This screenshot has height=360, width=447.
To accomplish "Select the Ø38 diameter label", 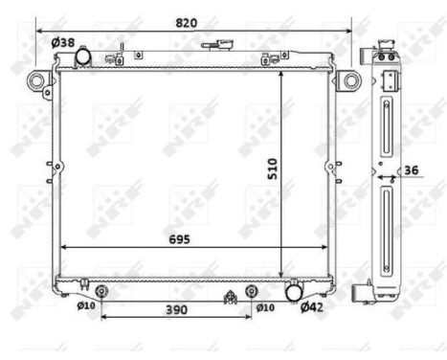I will (62, 42).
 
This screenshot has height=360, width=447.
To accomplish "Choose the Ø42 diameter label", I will (312, 307).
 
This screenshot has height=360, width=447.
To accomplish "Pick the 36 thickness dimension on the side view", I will (410, 171).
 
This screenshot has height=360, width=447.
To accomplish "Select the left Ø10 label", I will (86, 306).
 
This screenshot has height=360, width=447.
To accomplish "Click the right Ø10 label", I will (265, 306).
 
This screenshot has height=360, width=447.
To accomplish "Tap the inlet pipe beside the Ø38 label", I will (83, 56).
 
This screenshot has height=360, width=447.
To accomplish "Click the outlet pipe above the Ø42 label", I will (295, 289).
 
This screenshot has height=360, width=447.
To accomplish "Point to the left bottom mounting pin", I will (102, 290).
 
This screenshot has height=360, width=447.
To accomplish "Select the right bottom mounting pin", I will (252, 290).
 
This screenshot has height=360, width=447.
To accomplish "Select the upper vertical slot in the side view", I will (386, 128).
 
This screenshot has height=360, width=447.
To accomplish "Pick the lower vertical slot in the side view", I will (386, 230).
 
